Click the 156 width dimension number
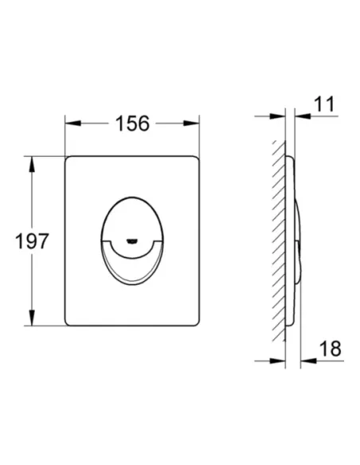[132, 123]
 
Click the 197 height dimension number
[32, 241]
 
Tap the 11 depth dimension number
[324, 104]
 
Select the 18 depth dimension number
[331, 349]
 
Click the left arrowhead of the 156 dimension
[73, 123]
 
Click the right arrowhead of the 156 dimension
[191, 123]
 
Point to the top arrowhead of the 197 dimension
[32, 164]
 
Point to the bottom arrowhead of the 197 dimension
[32, 318]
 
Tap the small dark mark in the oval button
[131, 241]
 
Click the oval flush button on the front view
[132, 240]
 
